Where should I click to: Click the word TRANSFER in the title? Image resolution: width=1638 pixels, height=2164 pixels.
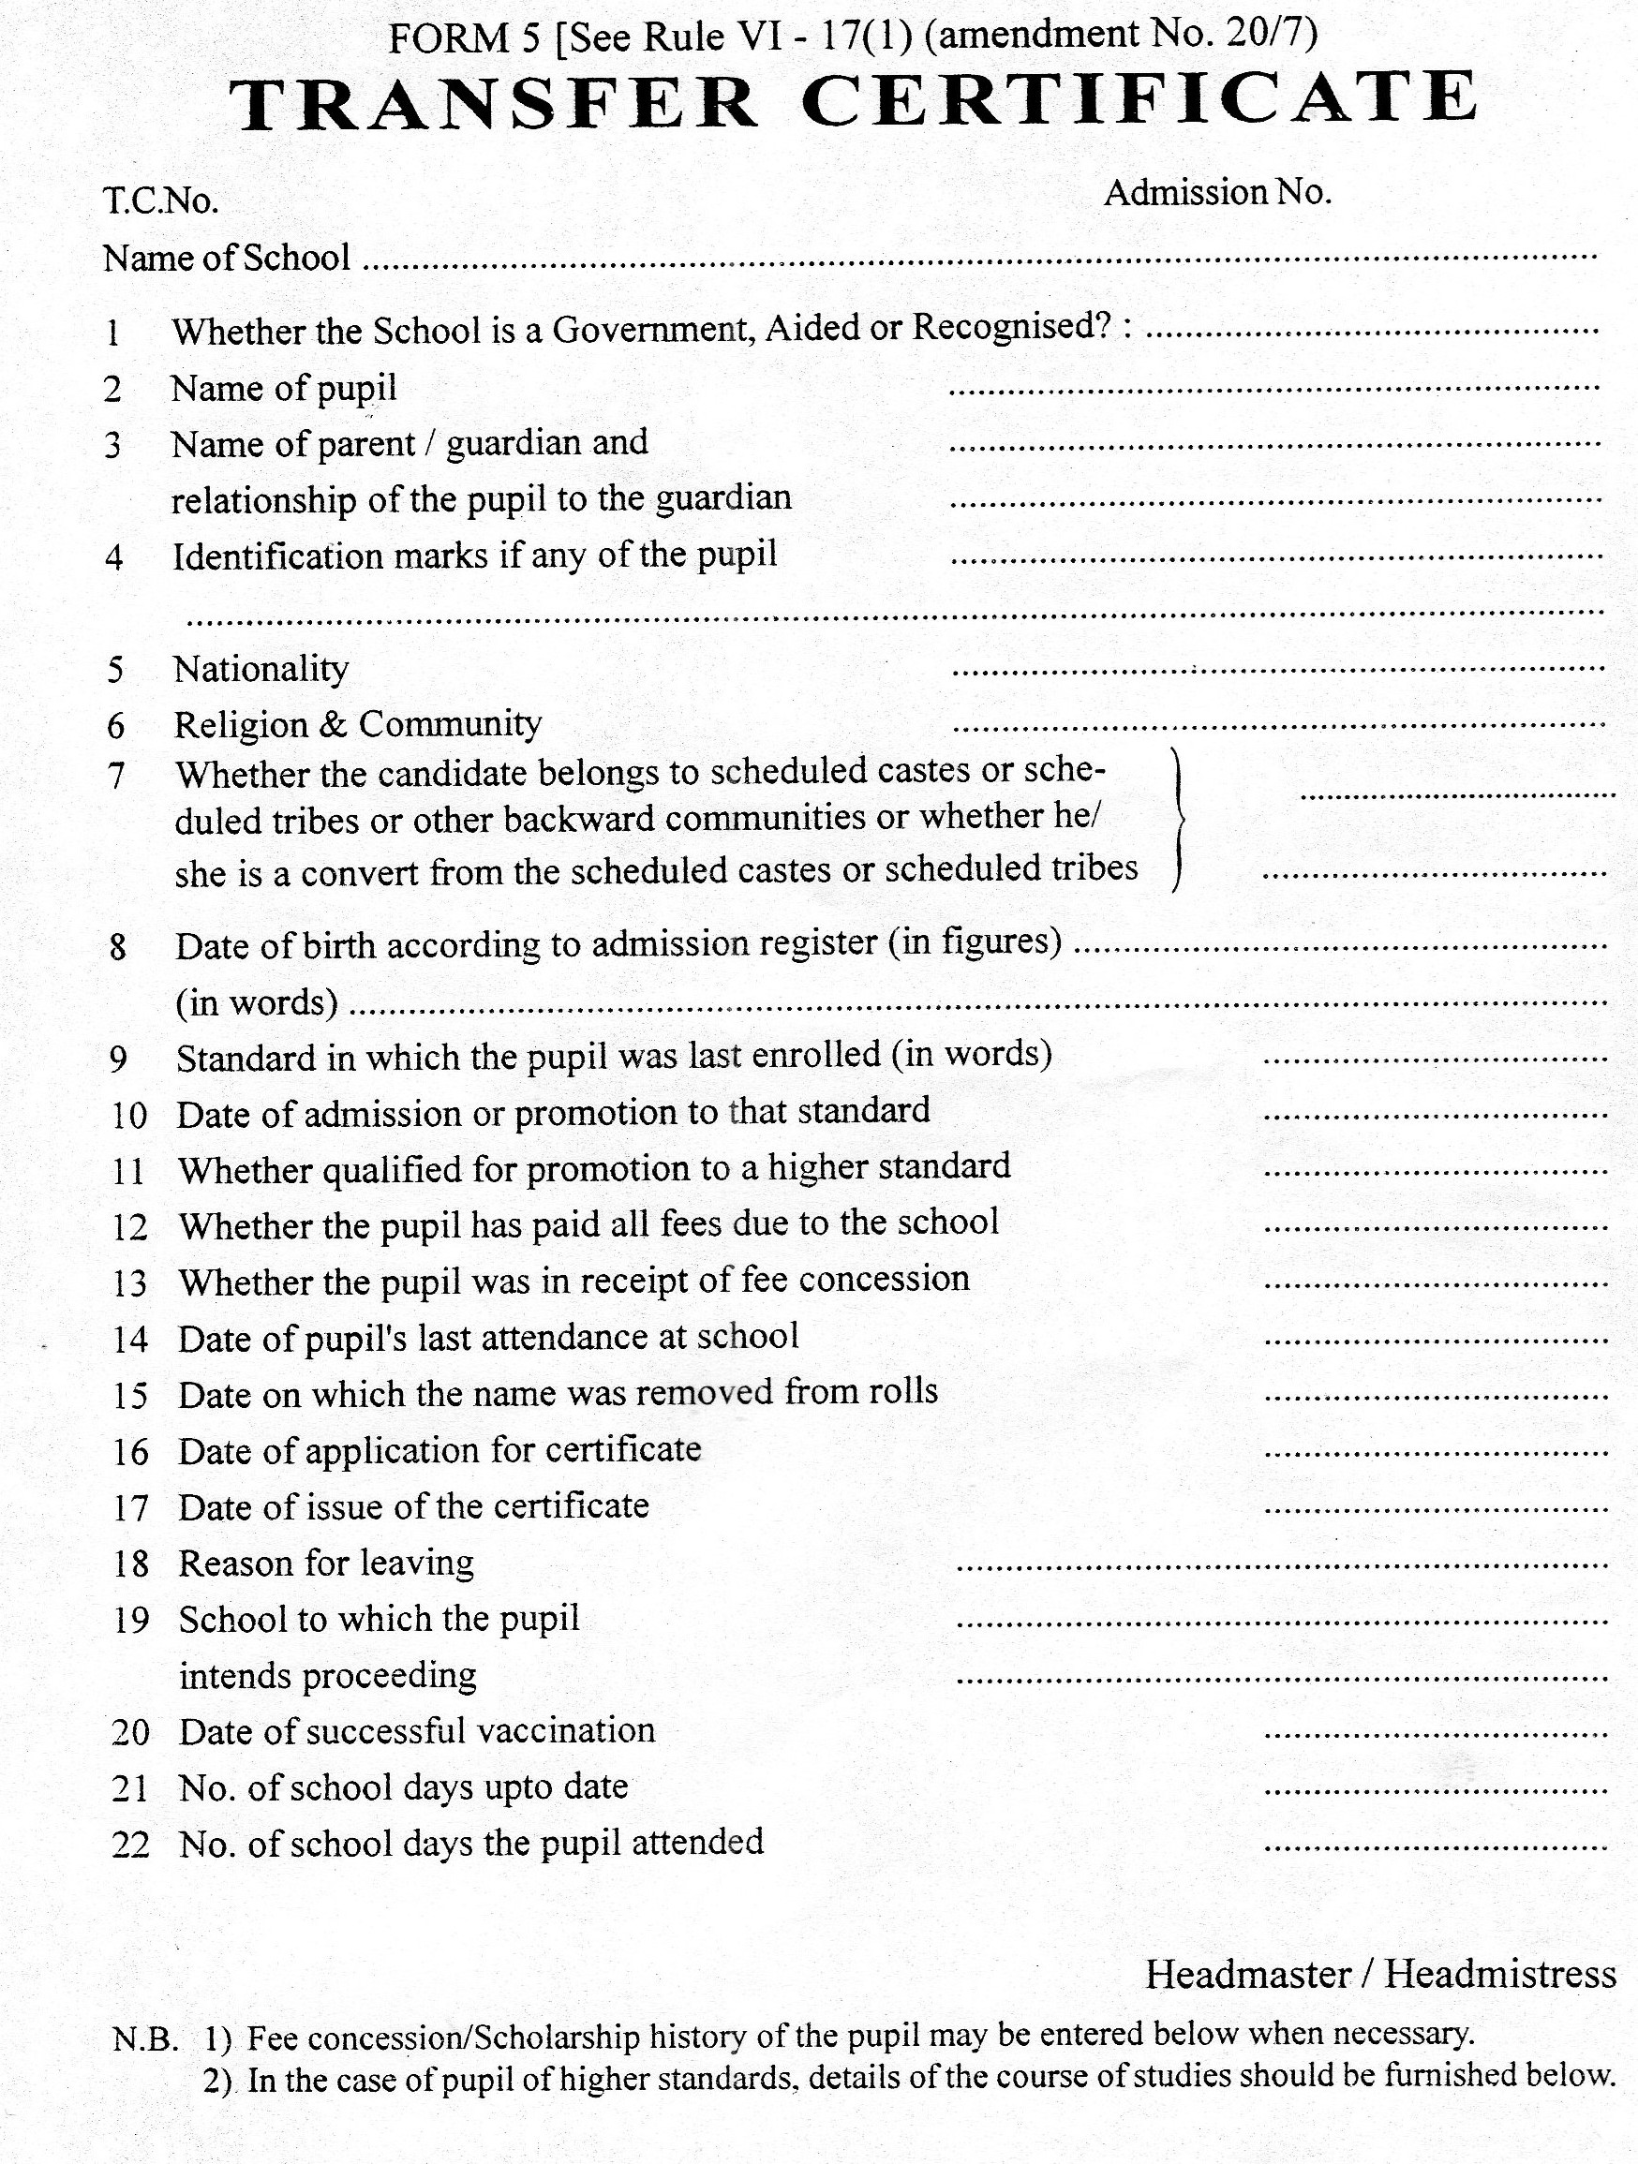pos(494,103)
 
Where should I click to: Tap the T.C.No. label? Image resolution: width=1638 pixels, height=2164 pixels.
pos(160,201)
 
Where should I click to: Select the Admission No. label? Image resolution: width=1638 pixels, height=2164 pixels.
pos(1217,193)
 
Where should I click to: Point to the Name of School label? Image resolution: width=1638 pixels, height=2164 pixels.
pos(226,259)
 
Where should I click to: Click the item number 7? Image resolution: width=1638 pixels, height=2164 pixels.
pos(115,776)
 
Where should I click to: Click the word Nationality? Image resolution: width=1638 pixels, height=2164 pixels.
pos(261,669)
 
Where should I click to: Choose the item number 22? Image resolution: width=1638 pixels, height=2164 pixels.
pos(130,1845)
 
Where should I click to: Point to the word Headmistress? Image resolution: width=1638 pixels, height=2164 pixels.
pos(1500,1974)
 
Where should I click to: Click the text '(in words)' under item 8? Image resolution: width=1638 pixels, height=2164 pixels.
pos(257,1002)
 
